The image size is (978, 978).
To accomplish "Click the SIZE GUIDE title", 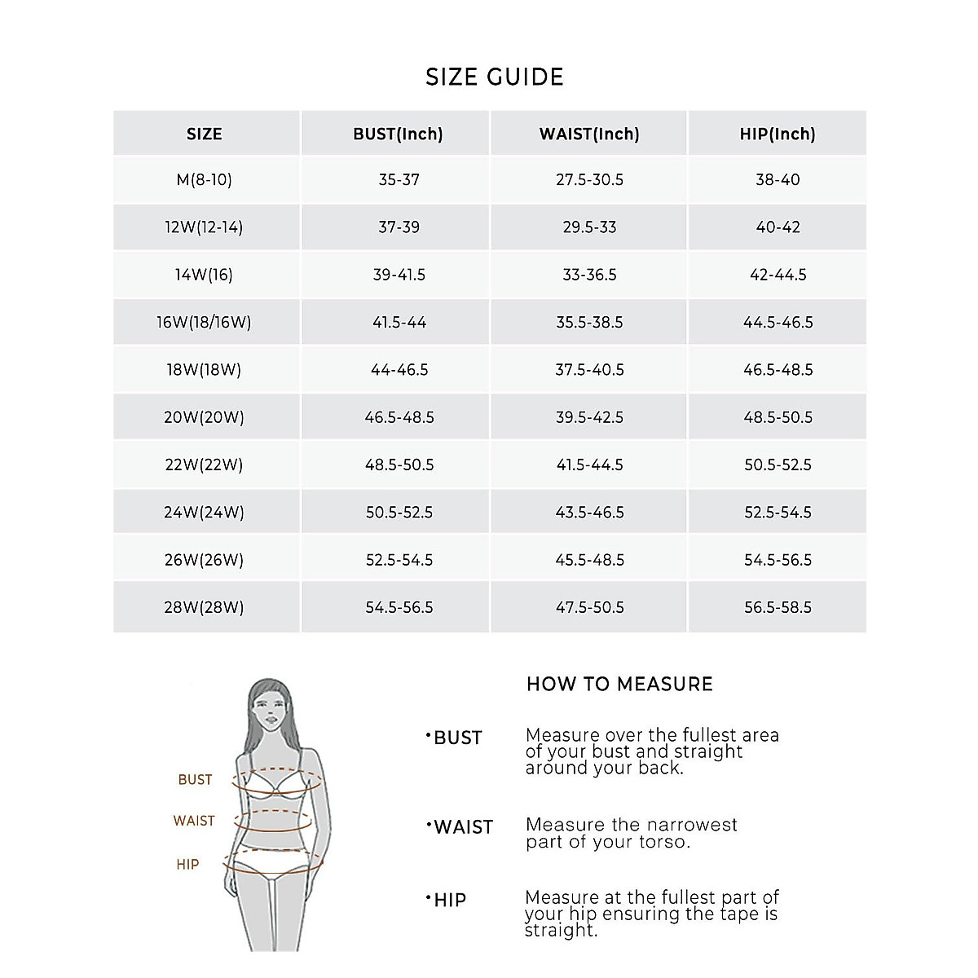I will pos(495,77).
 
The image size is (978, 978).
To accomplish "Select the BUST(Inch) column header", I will pos(398,134).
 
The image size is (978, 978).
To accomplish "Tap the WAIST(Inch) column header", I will pos(589,134).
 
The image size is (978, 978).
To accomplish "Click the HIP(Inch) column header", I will pos(778,134).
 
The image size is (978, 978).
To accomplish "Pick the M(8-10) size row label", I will pos(205,179).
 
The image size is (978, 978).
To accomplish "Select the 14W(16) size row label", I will pos(204,275).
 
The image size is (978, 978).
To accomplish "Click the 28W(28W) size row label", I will pos(204,607).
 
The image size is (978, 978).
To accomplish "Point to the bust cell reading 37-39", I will pos(399,227).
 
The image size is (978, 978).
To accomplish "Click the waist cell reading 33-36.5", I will pos(589,275).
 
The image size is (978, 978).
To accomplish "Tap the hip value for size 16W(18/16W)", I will pos(778,322).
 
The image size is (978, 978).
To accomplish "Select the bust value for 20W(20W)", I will pos(399,417).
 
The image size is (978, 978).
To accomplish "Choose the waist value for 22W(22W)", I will pos(589,465).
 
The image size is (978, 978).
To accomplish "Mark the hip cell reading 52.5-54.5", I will pos(778,512).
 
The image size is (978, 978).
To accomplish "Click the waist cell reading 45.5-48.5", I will pos(589,560).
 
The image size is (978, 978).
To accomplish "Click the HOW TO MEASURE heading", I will pos(619,684).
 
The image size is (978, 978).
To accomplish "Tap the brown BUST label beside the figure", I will pos(195,780).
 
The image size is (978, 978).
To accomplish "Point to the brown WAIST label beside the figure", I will pos(194,821).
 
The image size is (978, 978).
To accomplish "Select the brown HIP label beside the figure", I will pos(187,864).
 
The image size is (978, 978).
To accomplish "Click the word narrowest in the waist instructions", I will pos(689,825).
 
